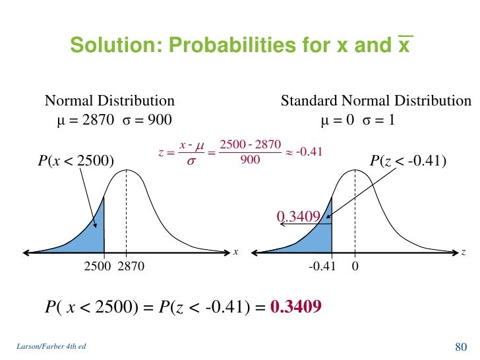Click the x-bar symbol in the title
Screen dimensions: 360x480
tap(405, 44)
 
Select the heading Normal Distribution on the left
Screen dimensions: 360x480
tap(109, 101)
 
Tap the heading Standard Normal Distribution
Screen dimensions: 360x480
tap(376, 101)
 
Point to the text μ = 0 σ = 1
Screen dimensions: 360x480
tap(357, 120)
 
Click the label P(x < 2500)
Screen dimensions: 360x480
tap(75, 160)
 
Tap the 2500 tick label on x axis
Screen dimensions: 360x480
tap(98, 267)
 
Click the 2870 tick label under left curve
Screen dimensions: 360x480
tap(131, 267)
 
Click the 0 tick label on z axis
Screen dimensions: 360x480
tap(355, 267)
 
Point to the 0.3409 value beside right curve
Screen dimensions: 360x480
tap(298, 216)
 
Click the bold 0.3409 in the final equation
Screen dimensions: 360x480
tap(296, 307)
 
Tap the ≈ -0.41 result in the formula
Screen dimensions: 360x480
tap(305, 152)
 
